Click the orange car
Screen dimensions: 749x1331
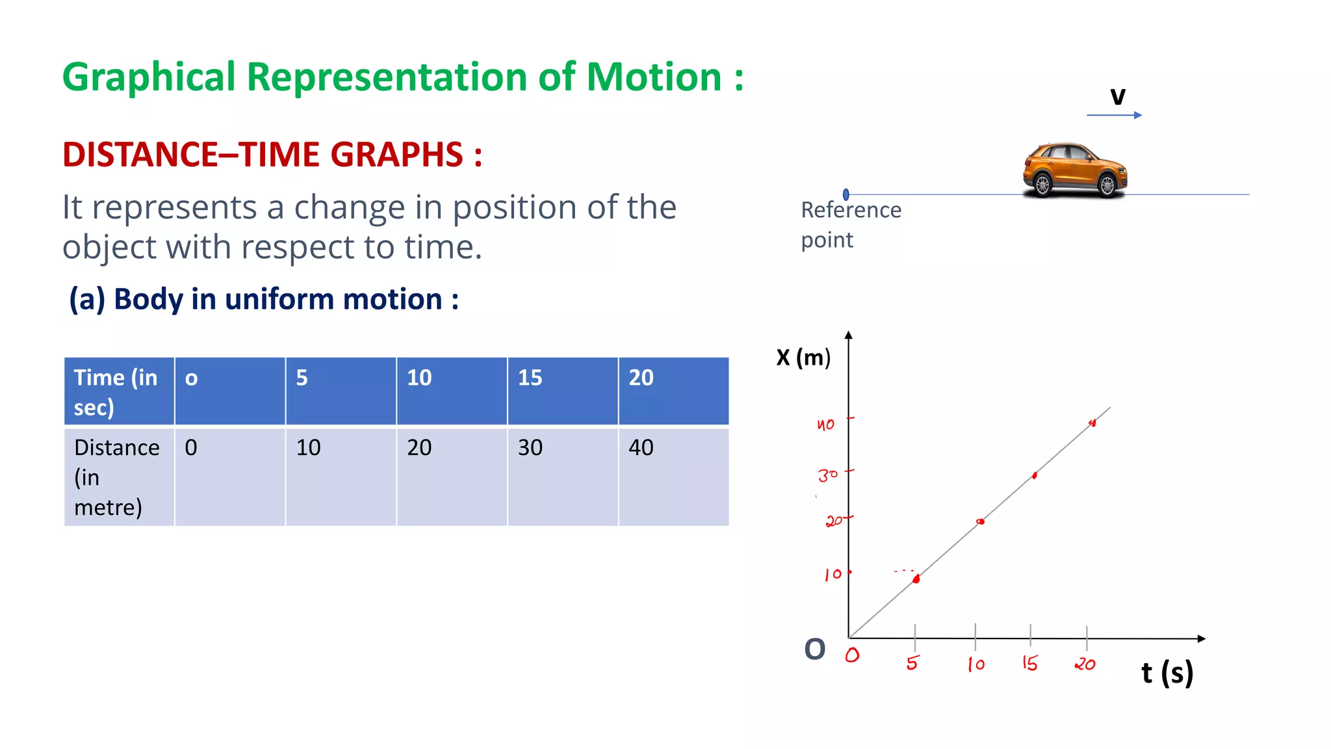(x=1074, y=170)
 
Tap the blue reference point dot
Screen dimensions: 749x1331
(x=846, y=194)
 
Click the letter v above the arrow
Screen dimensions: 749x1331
(x=1117, y=96)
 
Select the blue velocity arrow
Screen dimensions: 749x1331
(x=1114, y=115)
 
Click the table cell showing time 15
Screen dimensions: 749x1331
(x=562, y=391)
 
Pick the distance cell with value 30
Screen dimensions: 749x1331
(x=562, y=477)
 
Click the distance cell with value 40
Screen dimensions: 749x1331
(x=673, y=477)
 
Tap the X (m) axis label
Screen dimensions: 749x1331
(x=803, y=358)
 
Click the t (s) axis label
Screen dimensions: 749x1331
(x=1167, y=673)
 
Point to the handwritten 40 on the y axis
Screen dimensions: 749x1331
(x=825, y=425)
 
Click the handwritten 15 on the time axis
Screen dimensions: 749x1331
(x=1029, y=663)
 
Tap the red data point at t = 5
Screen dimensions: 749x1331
(x=916, y=579)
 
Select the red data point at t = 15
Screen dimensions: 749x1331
(x=1035, y=476)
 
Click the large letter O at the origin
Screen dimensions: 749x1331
(x=814, y=649)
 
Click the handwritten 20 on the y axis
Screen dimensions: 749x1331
(x=834, y=521)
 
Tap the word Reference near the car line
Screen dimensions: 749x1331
(x=851, y=210)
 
